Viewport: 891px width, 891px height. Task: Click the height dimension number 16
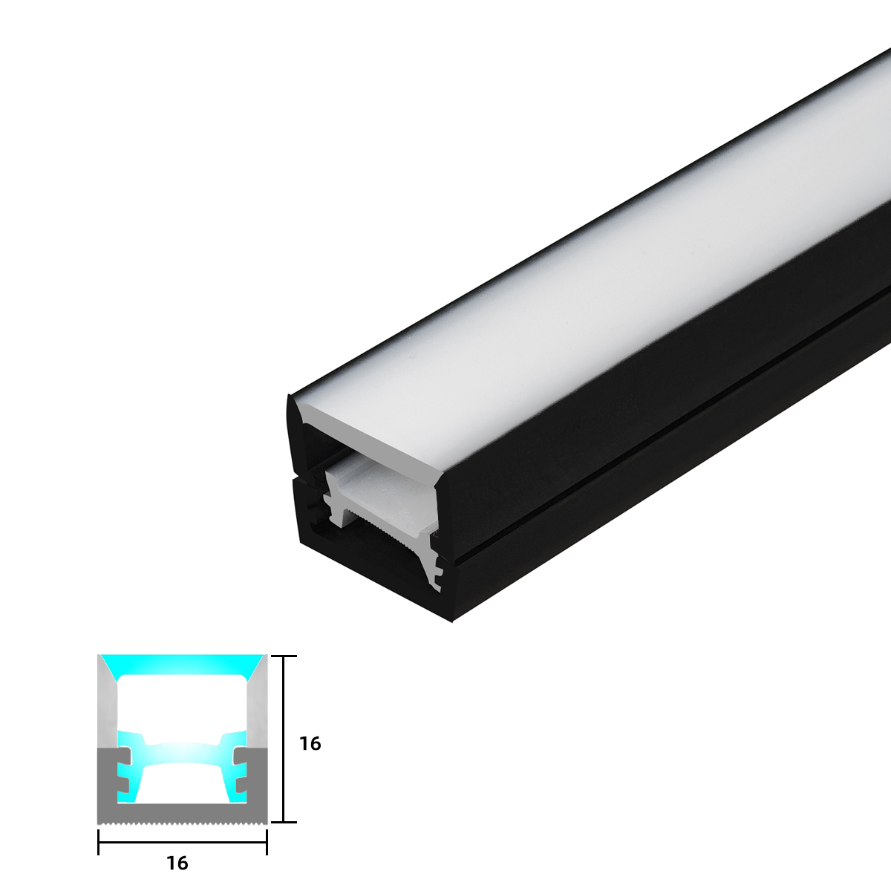pyautogui.click(x=310, y=743)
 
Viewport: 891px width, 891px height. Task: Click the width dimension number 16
pyautogui.click(x=177, y=863)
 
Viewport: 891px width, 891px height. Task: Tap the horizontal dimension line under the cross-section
pyautogui.click(x=182, y=842)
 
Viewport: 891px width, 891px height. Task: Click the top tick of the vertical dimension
pyautogui.click(x=284, y=656)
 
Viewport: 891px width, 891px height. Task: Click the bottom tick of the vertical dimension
pyautogui.click(x=284, y=822)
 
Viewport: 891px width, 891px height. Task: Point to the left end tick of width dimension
pyautogui.click(x=99, y=842)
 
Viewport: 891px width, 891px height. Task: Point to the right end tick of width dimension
pyautogui.click(x=267, y=842)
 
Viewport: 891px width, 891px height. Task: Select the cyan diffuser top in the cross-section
pyautogui.click(x=182, y=663)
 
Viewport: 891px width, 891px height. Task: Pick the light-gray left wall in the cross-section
pyautogui.click(x=106, y=705)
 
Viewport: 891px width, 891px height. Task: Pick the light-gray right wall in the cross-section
pyautogui.click(x=258, y=705)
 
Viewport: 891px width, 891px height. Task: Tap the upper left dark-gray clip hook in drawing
pyautogui.click(x=122, y=757)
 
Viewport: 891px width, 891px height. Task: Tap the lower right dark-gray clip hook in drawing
pyautogui.click(x=241, y=783)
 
